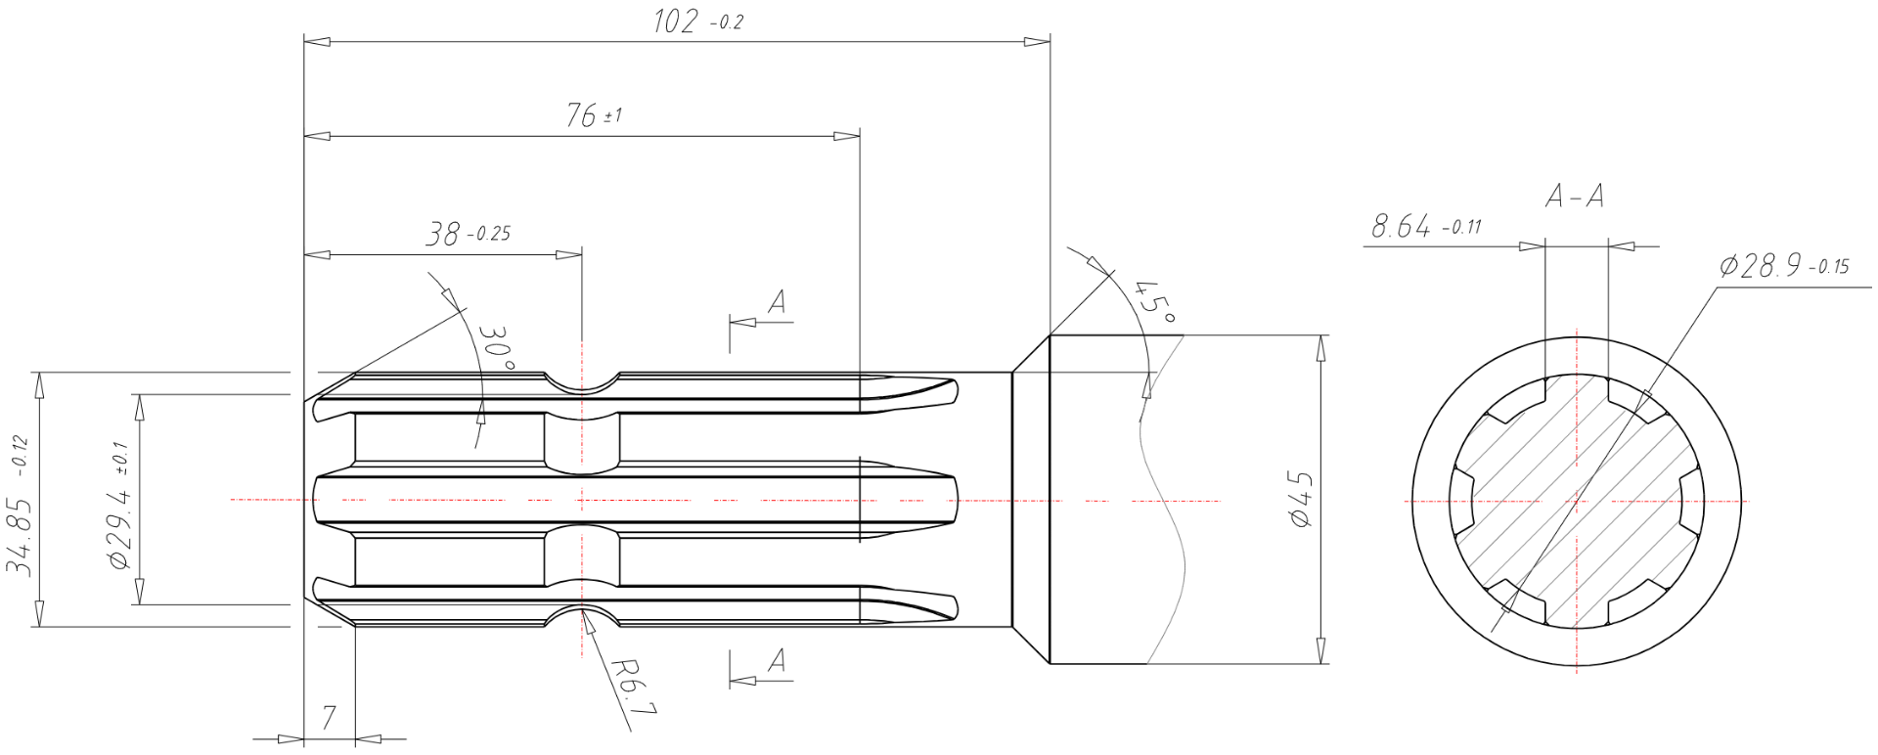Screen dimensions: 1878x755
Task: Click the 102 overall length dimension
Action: [x=698, y=21]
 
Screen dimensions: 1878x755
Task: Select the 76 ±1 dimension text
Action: [x=593, y=115]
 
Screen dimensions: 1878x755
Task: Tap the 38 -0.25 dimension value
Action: [x=468, y=234]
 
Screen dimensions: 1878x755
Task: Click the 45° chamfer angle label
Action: [x=1154, y=302]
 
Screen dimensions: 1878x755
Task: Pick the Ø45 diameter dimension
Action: [x=1301, y=500]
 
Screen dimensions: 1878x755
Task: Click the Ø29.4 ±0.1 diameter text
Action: [x=118, y=505]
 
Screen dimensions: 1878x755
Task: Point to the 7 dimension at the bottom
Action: [x=329, y=718]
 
